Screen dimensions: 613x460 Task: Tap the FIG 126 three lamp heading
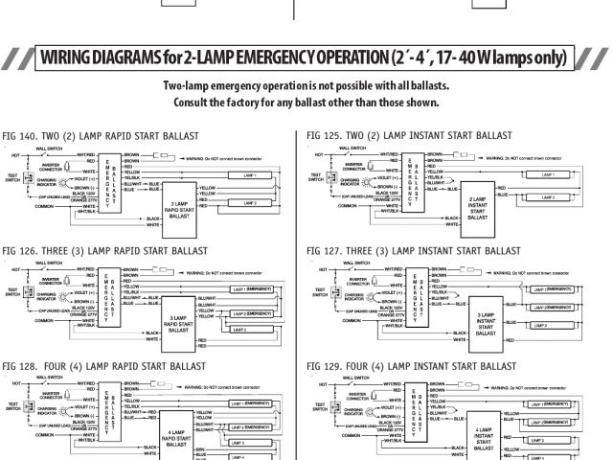(x=104, y=251)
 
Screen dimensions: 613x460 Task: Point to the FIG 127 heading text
(x=413, y=251)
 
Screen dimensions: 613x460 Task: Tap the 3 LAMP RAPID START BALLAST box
(x=179, y=323)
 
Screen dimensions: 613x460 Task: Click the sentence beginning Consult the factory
(x=306, y=103)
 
